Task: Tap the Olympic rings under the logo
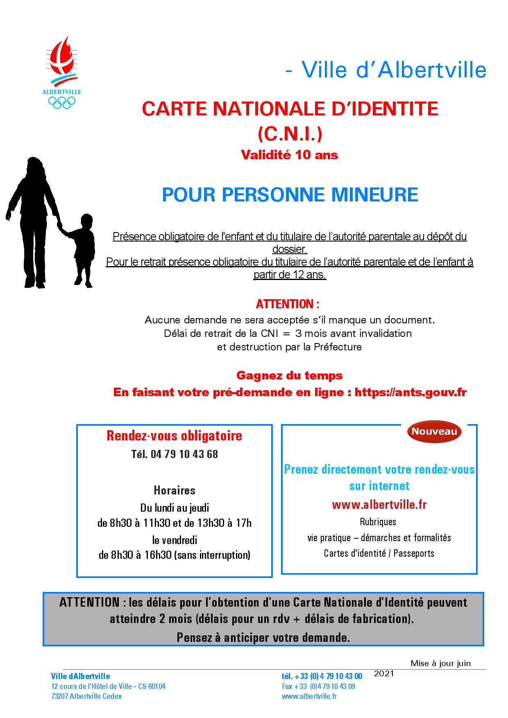[x=61, y=102]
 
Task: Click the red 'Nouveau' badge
[x=434, y=431]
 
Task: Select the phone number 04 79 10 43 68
[x=184, y=454]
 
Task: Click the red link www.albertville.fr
[x=379, y=505]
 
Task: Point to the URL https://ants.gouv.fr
[x=410, y=392]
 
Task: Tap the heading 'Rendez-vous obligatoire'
[x=174, y=436]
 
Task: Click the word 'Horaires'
[x=175, y=490]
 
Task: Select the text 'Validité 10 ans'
[x=289, y=155]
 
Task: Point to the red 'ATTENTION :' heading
[x=287, y=304]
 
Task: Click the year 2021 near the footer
[x=384, y=673]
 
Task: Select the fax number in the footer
[x=318, y=686]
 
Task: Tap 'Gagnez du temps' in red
[x=289, y=375]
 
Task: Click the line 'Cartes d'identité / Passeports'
[x=379, y=553]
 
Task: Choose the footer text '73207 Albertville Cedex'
[x=86, y=696]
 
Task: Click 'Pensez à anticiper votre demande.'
[x=263, y=637]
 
